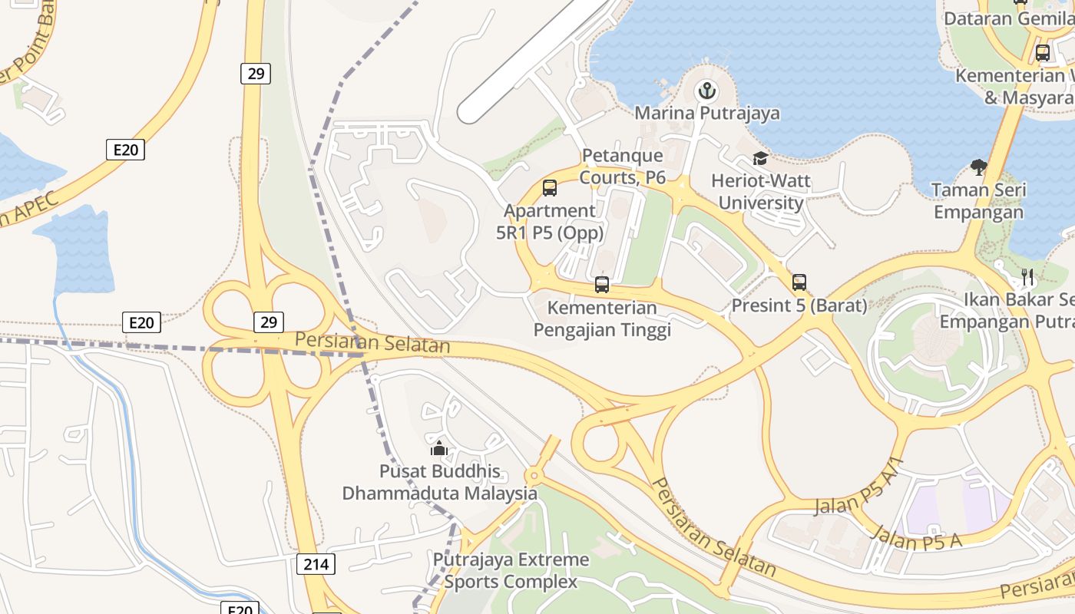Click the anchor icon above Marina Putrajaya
coord(706,92)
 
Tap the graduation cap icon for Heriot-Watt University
coord(760,159)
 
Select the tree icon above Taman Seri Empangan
coord(978,166)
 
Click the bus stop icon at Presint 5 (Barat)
coord(799,282)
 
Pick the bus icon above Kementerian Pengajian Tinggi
coord(602,285)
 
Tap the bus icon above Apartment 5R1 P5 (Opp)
coord(550,188)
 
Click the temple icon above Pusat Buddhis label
coord(439,448)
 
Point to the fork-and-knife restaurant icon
coord(1027,276)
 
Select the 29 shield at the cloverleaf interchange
coord(269,322)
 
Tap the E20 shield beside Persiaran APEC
coord(125,150)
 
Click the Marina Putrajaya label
coord(706,114)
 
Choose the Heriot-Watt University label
coord(761,192)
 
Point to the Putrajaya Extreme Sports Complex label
coord(511,570)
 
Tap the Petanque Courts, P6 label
coord(622,167)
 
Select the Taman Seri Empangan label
coord(978,201)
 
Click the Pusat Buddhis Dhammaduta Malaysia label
coord(439,482)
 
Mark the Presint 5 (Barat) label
coord(799,305)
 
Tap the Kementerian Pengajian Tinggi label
coord(602,319)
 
